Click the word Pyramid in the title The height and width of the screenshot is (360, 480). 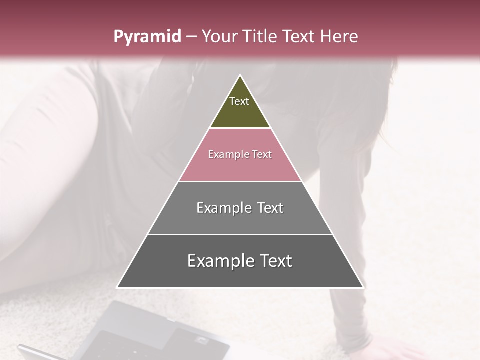147,37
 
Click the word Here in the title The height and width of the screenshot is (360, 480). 338,36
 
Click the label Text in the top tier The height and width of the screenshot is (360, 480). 239,101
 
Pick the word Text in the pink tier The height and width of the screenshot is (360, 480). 262,154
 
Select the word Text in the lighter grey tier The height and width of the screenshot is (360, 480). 270,208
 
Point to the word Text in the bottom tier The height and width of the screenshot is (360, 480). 276,261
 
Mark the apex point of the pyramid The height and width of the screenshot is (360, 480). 240,75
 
